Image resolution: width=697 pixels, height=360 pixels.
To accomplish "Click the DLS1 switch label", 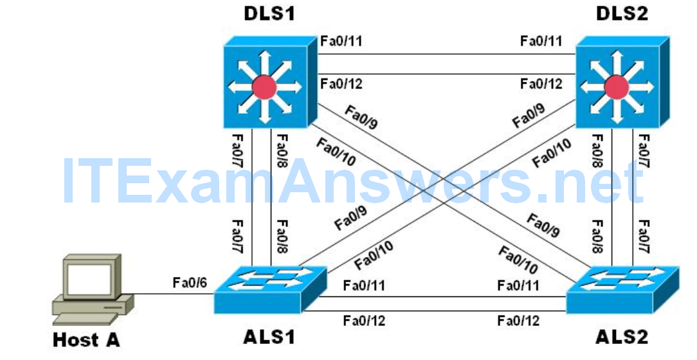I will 269,14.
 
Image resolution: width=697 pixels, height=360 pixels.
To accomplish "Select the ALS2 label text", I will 620,336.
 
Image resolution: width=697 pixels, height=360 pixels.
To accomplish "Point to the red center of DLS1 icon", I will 264,87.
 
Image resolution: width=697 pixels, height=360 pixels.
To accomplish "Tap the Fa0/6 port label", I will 189,282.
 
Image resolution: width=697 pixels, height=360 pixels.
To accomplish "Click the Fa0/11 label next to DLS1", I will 341,42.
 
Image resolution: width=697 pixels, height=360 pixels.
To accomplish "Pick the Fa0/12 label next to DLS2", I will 541,83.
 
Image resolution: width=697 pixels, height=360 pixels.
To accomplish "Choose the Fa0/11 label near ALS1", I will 364,285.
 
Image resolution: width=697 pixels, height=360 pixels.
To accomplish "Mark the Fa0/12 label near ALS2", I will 518,320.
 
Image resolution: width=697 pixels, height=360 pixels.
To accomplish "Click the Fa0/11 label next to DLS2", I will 541,42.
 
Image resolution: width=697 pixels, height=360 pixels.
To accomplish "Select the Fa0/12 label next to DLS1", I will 341,83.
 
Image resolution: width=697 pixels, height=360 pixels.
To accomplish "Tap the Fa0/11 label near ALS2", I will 518,285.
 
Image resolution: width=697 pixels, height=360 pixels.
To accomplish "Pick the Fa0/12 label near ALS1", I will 364,320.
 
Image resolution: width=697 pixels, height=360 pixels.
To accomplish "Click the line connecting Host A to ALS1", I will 174,295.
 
